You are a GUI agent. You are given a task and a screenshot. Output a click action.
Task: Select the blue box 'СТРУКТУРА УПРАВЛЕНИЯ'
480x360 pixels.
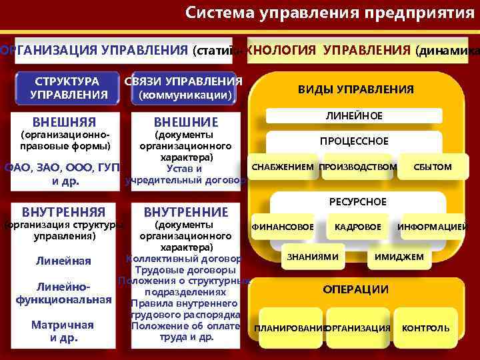coord(69,88)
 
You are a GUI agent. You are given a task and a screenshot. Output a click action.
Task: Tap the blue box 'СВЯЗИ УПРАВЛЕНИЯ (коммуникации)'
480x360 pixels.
coord(185,88)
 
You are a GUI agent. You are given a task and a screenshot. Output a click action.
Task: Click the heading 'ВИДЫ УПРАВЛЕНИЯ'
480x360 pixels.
coord(355,89)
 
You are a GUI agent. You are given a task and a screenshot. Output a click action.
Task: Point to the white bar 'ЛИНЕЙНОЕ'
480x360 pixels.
coord(354,116)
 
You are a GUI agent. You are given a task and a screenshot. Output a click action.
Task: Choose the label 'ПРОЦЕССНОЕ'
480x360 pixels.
coord(354,141)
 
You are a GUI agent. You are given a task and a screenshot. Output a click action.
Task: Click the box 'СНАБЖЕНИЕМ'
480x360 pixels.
coord(283,166)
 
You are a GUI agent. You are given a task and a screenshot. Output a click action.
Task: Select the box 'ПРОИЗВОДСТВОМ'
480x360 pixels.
coord(358,166)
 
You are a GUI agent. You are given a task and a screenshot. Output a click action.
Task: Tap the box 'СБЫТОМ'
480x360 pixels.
coord(432,166)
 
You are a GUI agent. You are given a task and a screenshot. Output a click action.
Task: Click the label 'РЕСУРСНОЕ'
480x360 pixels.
coord(358,201)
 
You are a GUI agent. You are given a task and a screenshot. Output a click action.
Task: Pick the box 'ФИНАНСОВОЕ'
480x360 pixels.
coord(283,227)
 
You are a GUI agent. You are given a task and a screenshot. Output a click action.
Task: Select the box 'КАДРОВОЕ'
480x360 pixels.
coord(358,227)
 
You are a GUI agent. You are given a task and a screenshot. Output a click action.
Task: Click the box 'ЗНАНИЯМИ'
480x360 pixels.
coord(313,257)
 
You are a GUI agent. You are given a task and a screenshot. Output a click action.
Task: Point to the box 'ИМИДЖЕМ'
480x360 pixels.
coord(399,257)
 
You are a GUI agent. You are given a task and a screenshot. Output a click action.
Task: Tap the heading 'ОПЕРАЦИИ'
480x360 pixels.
coord(355,289)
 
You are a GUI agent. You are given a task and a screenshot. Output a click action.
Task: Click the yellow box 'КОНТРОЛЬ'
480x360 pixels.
coord(425,328)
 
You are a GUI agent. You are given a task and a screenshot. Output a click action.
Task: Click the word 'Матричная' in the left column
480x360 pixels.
coord(63,325)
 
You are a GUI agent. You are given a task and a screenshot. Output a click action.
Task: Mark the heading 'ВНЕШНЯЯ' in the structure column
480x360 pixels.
coord(64,122)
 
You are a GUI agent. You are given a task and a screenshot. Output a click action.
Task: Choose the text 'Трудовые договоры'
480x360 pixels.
coord(185,270)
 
